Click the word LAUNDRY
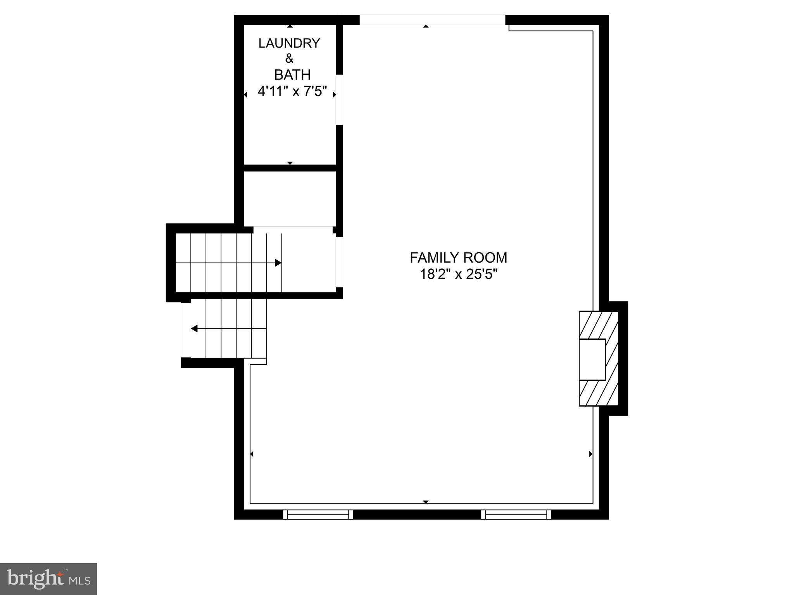[289, 43]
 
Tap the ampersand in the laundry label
[289, 58]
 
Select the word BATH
[292, 74]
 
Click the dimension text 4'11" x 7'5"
[292, 92]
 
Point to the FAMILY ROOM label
[458, 258]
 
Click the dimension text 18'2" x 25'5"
[458, 274]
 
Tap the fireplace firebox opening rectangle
[592, 359]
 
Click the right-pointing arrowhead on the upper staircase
[278, 263]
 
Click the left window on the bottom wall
[318, 514]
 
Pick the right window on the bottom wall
[516, 514]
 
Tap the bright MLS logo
[48, 579]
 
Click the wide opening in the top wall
[432, 20]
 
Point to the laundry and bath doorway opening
[339, 100]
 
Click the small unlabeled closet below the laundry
[290, 198]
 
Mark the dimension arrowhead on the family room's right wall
[590, 454]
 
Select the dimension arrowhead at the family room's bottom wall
[426, 502]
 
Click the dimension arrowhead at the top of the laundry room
[290, 26]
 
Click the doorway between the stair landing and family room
[339, 262]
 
